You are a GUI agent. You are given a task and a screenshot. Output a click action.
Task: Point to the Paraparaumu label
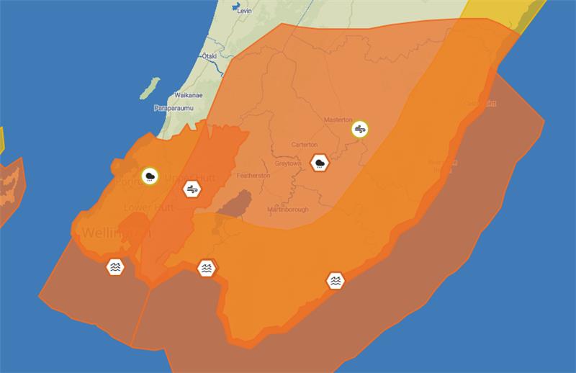[171, 108]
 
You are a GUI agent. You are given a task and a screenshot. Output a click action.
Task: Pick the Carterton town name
[304, 144]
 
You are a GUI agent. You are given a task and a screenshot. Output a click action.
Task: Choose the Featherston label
[255, 176]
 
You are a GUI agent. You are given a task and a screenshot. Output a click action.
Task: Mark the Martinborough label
[287, 210]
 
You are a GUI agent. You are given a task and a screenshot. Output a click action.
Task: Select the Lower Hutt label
[147, 207]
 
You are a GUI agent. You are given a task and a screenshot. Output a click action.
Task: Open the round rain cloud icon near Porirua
[150, 176]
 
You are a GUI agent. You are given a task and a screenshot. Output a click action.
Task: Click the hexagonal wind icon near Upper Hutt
[192, 189]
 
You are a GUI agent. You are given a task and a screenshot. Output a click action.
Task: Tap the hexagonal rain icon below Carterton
[320, 163]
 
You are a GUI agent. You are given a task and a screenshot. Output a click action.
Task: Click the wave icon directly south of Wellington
[115, 266]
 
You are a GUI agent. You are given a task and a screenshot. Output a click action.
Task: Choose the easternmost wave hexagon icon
[336, 280]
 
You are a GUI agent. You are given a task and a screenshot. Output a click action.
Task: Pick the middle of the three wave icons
[207, 269]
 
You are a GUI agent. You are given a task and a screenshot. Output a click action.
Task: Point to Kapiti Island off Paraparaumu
[149, 88]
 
